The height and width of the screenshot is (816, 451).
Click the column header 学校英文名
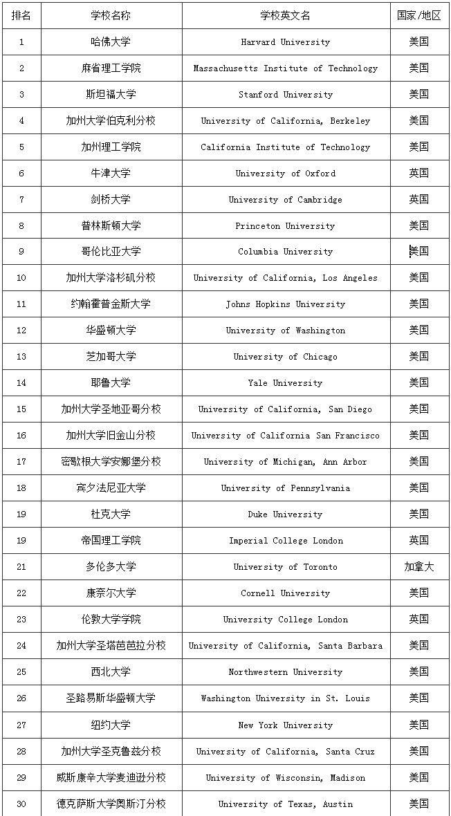(x=286, y=15)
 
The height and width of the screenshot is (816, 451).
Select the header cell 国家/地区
(x=418, y=15)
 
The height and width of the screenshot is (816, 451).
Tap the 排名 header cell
(x=21, y=15)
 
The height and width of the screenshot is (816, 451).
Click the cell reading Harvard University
(x=286, y=42)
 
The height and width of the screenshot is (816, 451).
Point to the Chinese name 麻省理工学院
(x=111, y=68)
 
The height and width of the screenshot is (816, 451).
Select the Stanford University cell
(x=286, y=95)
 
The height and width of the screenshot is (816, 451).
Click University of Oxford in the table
(x=286, y=174)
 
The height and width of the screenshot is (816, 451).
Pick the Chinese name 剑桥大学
(x=111, y=200)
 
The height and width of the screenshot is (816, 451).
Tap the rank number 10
(x=21, y=278)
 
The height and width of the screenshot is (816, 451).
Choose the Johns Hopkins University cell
(x=286, y=304)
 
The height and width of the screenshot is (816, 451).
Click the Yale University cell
(x=286, y=383)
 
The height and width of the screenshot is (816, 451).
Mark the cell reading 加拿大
(x=418, y=567)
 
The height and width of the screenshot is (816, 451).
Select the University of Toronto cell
(x=286, y=567)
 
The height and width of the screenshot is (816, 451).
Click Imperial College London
(x=286, y=541)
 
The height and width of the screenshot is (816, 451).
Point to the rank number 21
(x=21, y=567)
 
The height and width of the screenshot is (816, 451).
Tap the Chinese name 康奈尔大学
(x=111, y=593)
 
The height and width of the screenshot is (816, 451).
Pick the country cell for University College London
(x=418, y=620)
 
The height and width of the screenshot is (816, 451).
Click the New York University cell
(x=286, y=725)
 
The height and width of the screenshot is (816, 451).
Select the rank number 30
(x=21, y=804)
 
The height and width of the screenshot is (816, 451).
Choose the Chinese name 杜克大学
(x=111, y=514)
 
